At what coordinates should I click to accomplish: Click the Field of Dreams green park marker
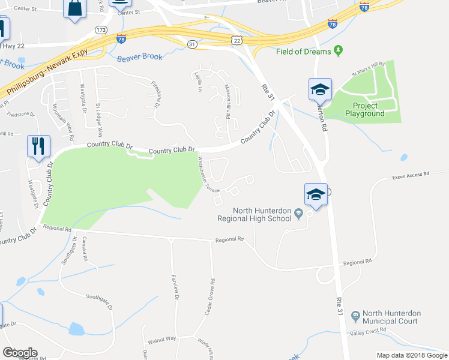click(x=338, y=51)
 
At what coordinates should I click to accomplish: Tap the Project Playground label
click(x=364, y=110)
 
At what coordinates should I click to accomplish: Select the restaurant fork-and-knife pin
click(x=38, y=146)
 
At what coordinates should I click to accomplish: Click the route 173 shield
click(x=100, y=29)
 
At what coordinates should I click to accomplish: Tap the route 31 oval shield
click(x=191, y=44)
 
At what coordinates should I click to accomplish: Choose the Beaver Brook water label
click(x=140, y=58)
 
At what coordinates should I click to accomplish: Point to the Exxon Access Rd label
click(x=411, y=175)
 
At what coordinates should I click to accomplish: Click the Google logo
click(x=20, y=352)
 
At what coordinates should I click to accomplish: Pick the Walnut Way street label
click(x=162, y=338)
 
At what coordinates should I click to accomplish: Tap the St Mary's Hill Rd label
click(x=369, y=69)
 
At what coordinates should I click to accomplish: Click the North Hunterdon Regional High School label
click(x=263, y=215)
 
